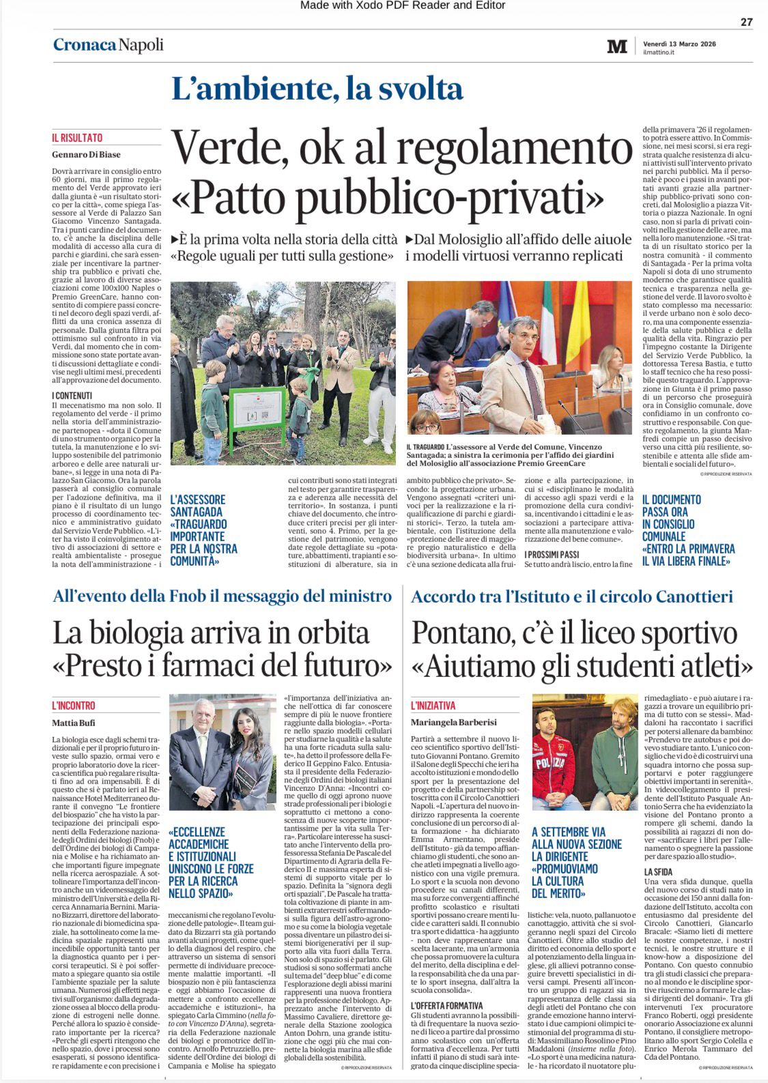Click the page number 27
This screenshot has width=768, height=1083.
coord(746,22)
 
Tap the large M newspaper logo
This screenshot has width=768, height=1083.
coord(616,46)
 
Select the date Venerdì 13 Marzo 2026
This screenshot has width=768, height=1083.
coord(679,44)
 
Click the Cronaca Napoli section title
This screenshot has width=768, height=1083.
coord(109,45)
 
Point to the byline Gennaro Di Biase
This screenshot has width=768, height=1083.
coord(86,154)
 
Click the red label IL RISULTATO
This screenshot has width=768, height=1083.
coord(77,138)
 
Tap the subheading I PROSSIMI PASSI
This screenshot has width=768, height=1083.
coord(552,555)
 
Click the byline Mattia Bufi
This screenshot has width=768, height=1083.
coord(74,723)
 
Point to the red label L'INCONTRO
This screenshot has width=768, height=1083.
coord(74,706)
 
